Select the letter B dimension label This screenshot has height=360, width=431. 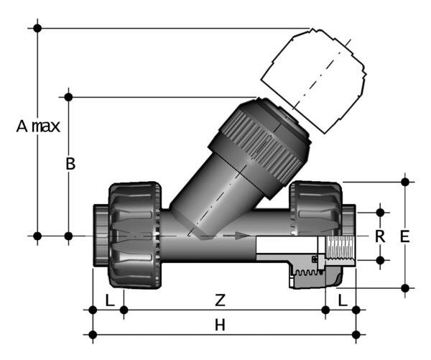(x=70, y=164)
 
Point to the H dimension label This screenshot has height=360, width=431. (x=221, y=325)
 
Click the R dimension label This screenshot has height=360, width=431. (x=381, y=236)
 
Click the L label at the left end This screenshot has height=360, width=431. (x=108, y=298)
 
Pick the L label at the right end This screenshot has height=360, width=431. (x=343, y=298)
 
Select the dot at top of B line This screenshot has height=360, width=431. (x=69, y=96)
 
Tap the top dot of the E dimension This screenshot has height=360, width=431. (x=406, y=182)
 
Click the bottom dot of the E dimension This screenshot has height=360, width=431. (x=406, y=288)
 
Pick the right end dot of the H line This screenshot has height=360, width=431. (x=357, y=333)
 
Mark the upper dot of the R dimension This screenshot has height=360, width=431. (x=381, y=213)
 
